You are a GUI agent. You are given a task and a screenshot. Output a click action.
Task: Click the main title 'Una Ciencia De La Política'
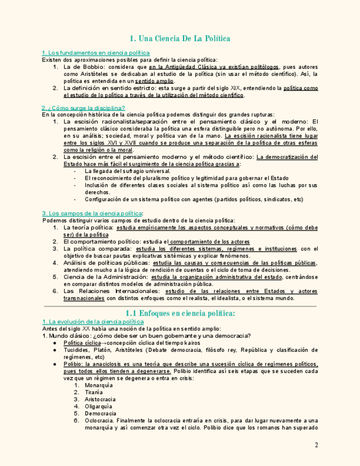click(x=180, y=38)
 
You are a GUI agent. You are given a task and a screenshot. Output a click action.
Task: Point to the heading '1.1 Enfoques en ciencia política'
click(x=180, y=313)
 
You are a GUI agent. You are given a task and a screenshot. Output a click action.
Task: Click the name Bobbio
click(x=88, y=67)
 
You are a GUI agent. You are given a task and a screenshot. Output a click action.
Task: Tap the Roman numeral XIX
click(x=235, y=88)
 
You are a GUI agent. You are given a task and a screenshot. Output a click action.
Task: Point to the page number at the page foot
click(x=316, y=445)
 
